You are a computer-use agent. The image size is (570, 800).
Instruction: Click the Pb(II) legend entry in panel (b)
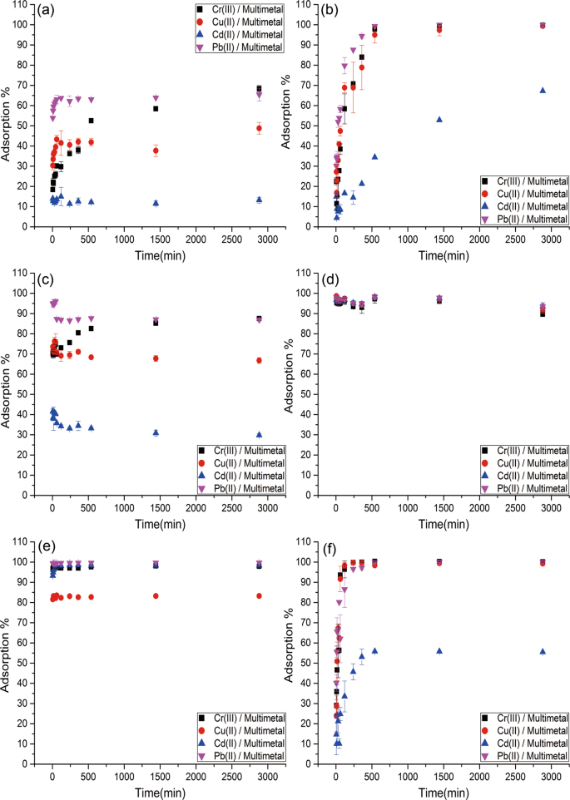510,218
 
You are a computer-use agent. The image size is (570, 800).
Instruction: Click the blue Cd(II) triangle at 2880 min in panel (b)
543,91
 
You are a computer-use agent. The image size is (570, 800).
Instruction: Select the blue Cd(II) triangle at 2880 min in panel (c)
259,434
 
